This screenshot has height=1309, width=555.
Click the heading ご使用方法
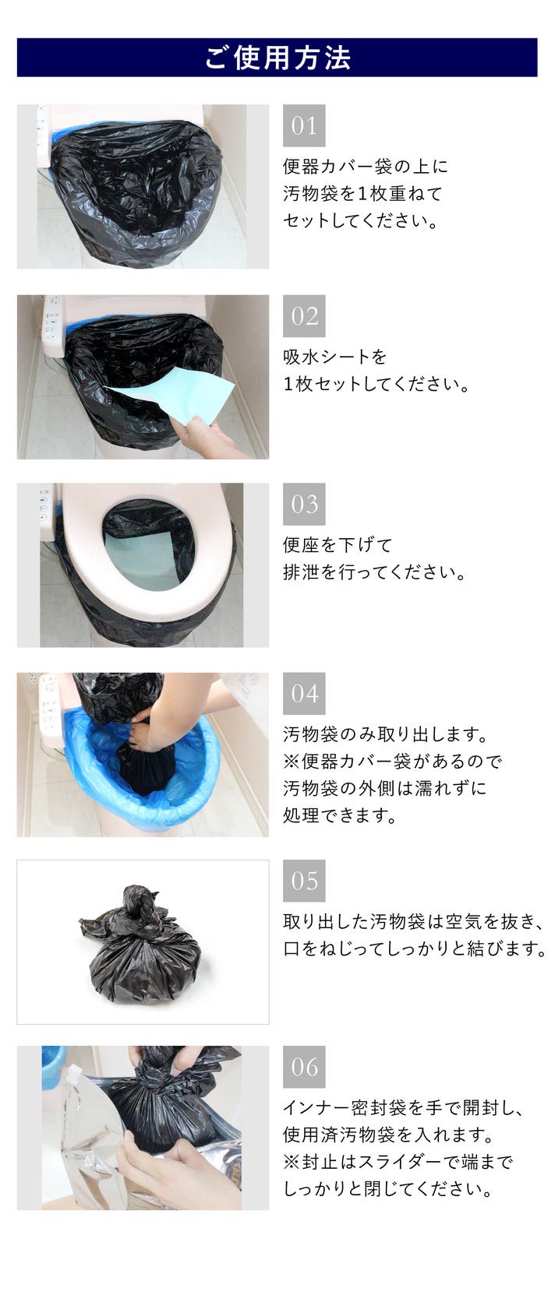(277, 58)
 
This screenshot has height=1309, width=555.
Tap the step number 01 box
(304, 125)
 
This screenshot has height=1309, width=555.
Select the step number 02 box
(304, 316)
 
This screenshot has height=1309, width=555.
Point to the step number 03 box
(304, 505)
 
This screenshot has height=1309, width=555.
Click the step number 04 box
(304, 694)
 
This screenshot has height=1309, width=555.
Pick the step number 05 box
(304, 881)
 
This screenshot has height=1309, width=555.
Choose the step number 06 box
(304, 1067)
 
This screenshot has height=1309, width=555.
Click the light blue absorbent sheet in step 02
(175, 397)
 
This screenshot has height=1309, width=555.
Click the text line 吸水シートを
(335, 357)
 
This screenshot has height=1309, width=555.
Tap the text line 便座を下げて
(338, 545)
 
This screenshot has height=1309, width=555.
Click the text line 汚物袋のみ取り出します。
(385, 734)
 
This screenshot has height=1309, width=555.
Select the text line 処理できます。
(340, 815)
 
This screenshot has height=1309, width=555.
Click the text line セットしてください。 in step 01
(360, 220)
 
